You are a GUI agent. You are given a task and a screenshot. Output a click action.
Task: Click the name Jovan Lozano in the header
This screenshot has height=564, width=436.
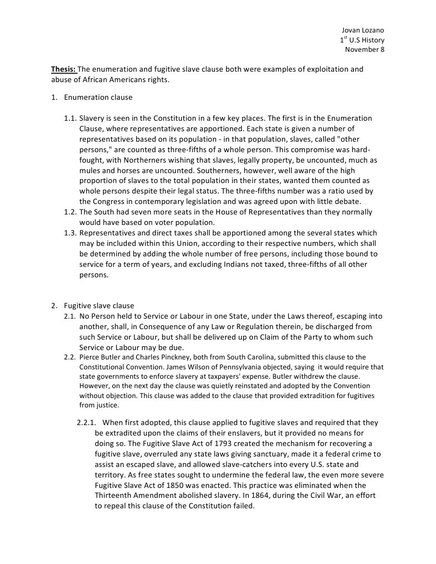(363, 30)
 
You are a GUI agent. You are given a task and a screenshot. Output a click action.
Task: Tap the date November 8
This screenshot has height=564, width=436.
(364, 50)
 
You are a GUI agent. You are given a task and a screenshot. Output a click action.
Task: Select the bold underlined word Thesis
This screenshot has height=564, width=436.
(63, 69)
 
